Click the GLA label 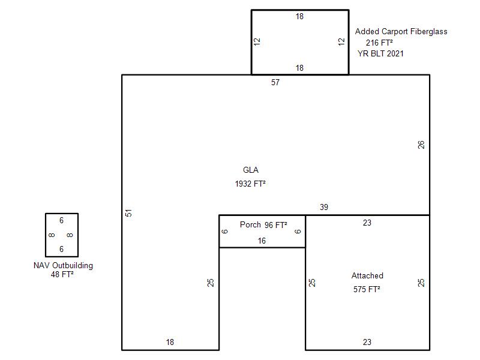click(251, 170)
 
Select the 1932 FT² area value click(250, 184)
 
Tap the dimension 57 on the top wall click(275, 82)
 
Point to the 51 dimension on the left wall click(128, 213)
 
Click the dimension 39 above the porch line click(324, 207)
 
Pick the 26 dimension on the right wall click(421, 145)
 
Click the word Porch click(250, 224)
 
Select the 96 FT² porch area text click(276, 225)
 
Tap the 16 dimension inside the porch click(262, 241)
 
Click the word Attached click(367, 275)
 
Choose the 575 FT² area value click(367, 289)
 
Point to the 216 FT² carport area click(379, 43)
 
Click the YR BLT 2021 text click(380, 53)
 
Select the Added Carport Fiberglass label click(401, 32)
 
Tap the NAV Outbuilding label click(63, 265)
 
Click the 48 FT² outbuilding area click(62, 274)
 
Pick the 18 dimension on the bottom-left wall click(170, 342)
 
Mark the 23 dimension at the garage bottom click(367, 342)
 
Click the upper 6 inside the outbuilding click(62, 220)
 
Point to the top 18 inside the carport click(299, 17)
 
